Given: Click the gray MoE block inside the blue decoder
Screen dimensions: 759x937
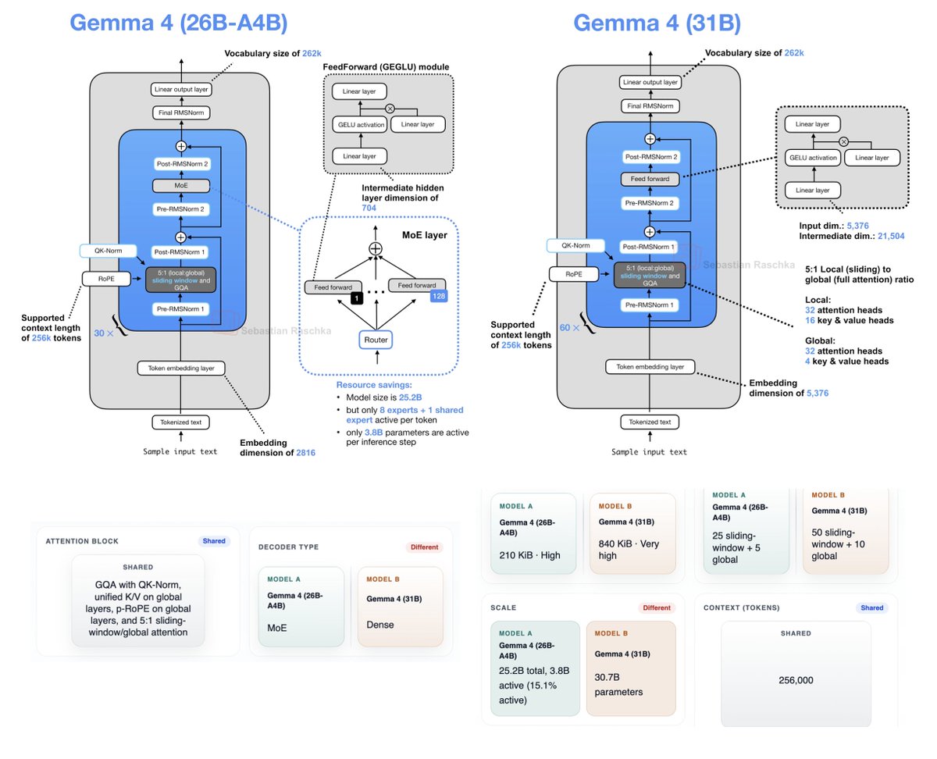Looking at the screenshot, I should (182, 187).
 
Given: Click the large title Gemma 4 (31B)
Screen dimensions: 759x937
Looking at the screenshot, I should (657, 23).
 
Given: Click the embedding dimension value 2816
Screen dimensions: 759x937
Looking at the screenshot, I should (301, 452).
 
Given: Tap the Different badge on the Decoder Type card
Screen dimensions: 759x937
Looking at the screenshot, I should (423, 547).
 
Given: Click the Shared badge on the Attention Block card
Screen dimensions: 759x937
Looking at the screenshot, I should (213, 540).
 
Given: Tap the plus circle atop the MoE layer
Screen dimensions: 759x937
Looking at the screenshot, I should (376, 248).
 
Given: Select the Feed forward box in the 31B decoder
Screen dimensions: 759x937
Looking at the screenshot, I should (650, 179).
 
